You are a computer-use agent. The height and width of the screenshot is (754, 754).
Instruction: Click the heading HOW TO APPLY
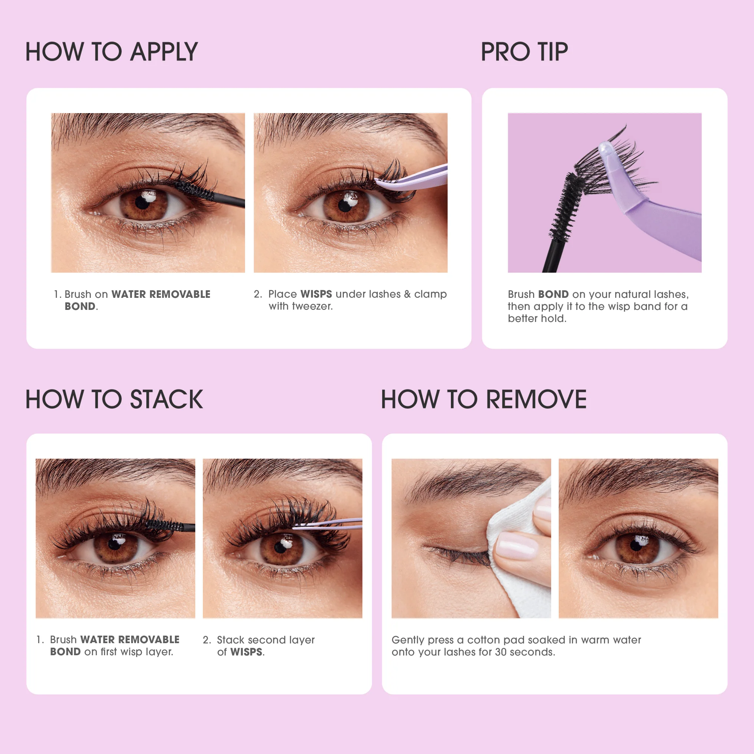point(112,52)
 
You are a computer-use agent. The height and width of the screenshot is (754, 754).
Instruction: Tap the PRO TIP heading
point(524,52)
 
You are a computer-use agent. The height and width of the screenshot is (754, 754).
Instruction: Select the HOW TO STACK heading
point(114,399)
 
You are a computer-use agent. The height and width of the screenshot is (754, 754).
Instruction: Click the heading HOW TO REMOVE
point(484,399)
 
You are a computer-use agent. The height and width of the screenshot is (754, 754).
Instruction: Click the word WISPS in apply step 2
point(316,294)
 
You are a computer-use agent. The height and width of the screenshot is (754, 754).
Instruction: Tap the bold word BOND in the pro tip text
point(553,294)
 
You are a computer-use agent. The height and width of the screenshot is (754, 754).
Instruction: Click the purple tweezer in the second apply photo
point(414,180)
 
